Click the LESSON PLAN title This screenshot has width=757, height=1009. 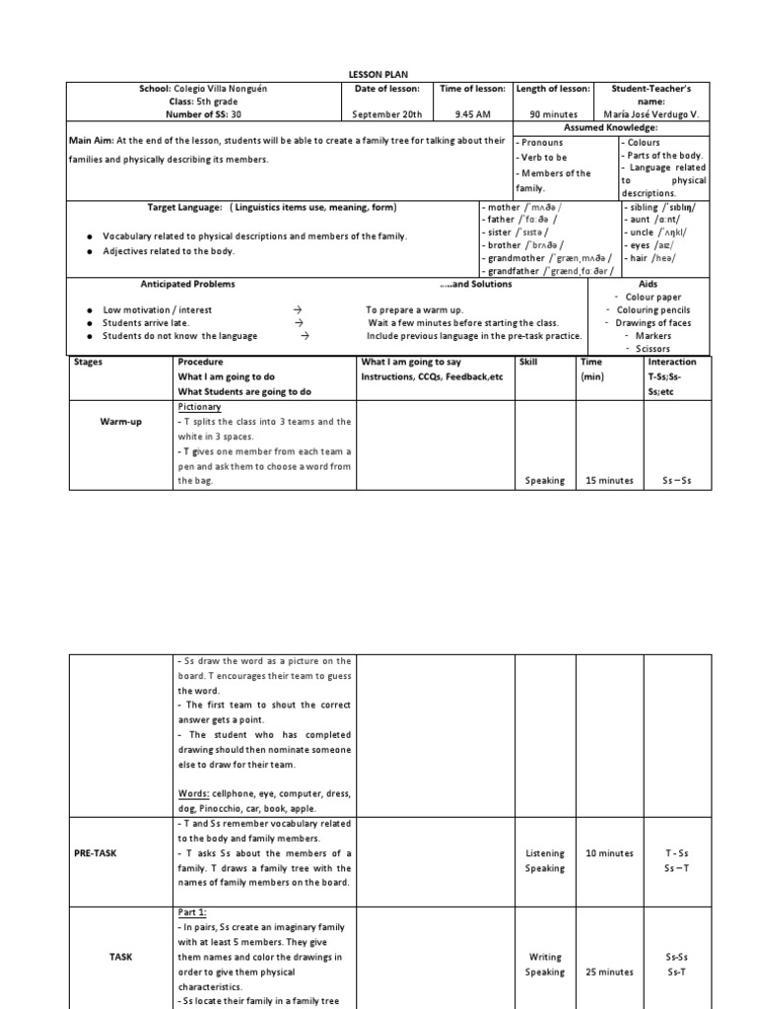[378, 75]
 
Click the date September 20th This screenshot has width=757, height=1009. [386, 114]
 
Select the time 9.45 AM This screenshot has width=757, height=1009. [471, 114]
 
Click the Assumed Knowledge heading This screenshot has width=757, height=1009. [610, 128]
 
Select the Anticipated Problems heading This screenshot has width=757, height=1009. [187, 284]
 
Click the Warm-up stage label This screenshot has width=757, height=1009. [120, 422]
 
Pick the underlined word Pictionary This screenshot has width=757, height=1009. [199, 406]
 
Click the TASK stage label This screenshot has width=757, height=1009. [120, 956]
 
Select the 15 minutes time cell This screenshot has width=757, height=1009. [609, 481]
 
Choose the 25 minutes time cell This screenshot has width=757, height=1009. [609, 972]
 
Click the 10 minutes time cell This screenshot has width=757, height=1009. [609, 853]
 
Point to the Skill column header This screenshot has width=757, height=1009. [528, 363]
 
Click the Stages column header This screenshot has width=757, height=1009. [89, 363]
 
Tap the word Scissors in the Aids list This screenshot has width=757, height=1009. [653, 348]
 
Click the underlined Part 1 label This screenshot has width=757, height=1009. [191, 912]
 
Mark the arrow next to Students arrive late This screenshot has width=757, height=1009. [300, 322]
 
